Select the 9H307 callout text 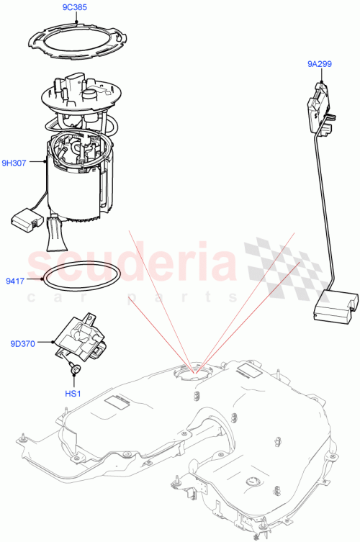pyautogui.click(x=14, y=163)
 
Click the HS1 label pyautogui.click(x=75, y=393)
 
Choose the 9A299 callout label pyautogui.click(x=319, y=63)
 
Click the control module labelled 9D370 pyautogui.click(x=81, y=338)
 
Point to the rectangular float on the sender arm pyautogui.click(x=335, y=304)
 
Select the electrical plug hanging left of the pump pyautogui.click(x=27, y=220)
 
